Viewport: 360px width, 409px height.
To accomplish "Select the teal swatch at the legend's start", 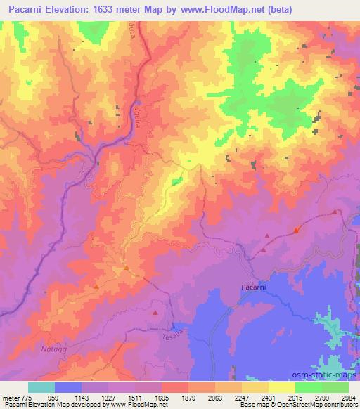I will [41, 387].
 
